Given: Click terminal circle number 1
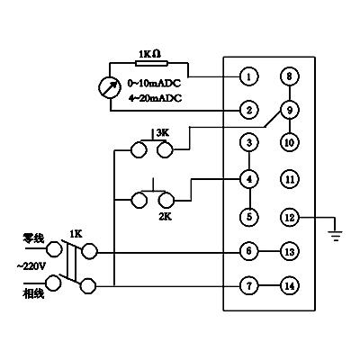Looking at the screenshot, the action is click(x=249, y=76).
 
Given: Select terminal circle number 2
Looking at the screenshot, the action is click(x=249, y=111).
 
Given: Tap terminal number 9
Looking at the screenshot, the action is click(x=290, y=110).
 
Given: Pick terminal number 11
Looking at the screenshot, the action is click(x=290, y=179).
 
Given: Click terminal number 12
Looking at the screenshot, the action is click(x=290, y=217).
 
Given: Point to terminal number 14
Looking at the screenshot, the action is click(x=290, y=286).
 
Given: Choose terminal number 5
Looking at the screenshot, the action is click(x=249, y=217).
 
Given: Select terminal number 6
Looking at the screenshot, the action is click(x=249, y=251).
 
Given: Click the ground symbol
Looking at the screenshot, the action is click(x=336, y=235).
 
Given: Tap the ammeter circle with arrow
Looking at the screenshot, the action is click(x=110, y=87).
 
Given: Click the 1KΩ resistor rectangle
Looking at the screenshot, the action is click(x=151, y=63).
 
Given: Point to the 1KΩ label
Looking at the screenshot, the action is click(x=149, y=54).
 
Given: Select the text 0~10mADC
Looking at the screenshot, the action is click(x=155, y=83).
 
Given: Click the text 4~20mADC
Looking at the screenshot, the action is click(x=155, y=98).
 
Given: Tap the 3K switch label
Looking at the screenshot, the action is click(x=163, y=133).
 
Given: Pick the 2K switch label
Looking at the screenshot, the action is click(x=165, y=216).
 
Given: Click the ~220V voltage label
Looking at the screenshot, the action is click(x=31, y=266).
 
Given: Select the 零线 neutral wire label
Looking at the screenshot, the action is click(x=33, y=238).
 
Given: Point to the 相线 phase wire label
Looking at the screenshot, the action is click(x=33, y=293).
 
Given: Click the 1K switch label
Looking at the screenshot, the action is click(x=76, y=234).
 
